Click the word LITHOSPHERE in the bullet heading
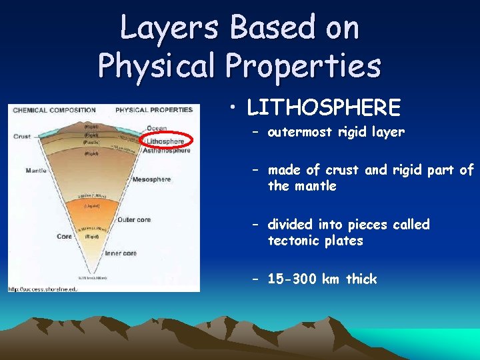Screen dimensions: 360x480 point(323,107)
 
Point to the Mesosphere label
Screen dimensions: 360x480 point(152,179)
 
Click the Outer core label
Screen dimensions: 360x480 point(133,220)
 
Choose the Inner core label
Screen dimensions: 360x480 point(121,253)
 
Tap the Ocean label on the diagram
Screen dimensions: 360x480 point(157,129)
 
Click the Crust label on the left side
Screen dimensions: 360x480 point(21,137)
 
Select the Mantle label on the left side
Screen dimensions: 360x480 point(35,171)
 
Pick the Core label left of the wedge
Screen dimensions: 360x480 point(64,236)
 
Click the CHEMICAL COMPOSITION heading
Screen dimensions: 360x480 point(54,110)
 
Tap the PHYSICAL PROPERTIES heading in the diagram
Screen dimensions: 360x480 point(153,110)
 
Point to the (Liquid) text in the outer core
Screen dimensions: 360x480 point(92,206)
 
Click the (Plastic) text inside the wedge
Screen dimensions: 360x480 point(91,141)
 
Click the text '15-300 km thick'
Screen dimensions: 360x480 point(322,279)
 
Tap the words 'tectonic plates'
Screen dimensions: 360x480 point(315,241)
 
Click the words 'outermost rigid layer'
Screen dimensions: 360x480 point(336,132)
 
